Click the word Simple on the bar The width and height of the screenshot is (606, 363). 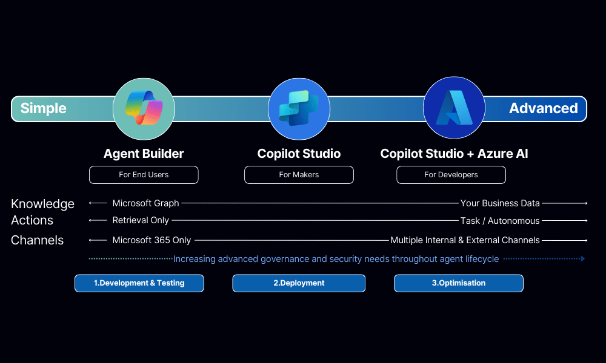(43, 108)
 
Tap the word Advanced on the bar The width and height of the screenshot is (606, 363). (543, 108)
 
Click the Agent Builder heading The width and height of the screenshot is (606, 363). (144, 154)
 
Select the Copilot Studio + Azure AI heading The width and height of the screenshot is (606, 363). (454, 154)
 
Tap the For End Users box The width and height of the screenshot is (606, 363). (144, 175)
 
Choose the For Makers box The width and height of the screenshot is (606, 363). (299, 175)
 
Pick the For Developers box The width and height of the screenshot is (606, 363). (451, 175)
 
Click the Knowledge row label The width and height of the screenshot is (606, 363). (42, 204)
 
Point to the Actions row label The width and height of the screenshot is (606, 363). (32, 220)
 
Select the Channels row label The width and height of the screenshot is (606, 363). (37, 240)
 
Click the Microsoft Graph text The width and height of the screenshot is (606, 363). (145, 203)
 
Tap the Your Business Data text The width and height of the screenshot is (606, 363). (500, 203)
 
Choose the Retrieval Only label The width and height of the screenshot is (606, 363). (141, 220)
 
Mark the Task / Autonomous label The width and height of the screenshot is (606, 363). (500, 220)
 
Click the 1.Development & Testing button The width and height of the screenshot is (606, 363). (139, 283)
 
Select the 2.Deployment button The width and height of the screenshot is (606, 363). (299, 283)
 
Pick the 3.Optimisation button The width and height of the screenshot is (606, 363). (459, 283)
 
